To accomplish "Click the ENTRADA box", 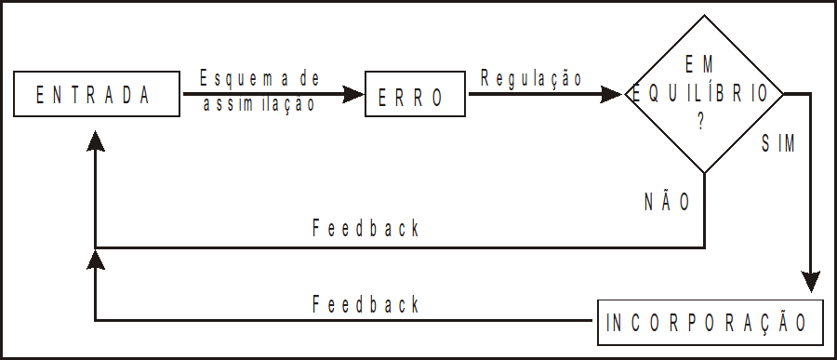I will pyautogui.click(x=92, y=94).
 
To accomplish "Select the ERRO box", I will pyautogui.click(x=409, y=95).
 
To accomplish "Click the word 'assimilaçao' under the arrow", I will pyautogui.click(x=259, y=105).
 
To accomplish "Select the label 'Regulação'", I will pyautogui.click(x=531, y=78).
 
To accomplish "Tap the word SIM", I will pyautogui.click(x=778, y=144).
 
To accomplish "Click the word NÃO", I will pyautogui.click(x=667, y=202).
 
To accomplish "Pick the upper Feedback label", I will pyautogui.click(x=365, y=228).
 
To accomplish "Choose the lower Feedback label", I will pyautogui.click(x=365, y=304).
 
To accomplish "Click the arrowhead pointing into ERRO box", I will pyautogui.click(x=353, y=94).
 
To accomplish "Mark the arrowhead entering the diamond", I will pyautogui.click(x=612, y=94).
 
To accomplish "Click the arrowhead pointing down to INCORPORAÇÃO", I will pyautogui.click(x=812, y=282).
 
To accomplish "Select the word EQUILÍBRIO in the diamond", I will pyautogui.click(x=702, y=94).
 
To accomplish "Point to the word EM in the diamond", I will pyautogui.click(x=703, y=65).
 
